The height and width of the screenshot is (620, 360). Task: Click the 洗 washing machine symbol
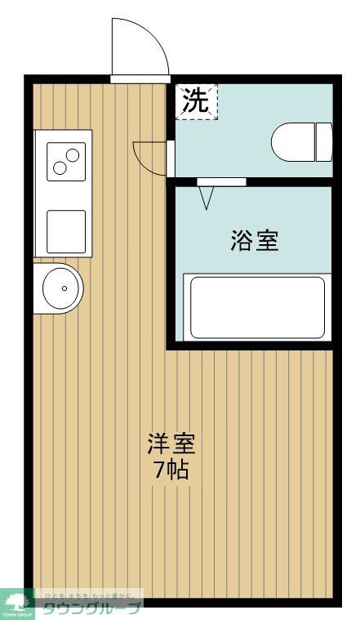[x=196, y=100]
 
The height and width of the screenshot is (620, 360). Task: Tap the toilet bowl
[x=293, y=142]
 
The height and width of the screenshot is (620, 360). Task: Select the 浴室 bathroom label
[x=254, y=241]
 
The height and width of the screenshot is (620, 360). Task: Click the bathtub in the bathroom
[x=256, y=306]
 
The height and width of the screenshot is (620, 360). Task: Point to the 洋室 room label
[x=171, y=445]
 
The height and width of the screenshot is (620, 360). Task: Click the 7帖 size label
[x=171, y=470]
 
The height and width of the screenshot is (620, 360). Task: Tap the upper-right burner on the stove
[x=73, y=154]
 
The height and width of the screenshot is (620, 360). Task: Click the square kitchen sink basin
[x=65, y=230]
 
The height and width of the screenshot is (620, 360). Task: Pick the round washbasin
[x=62, y=288]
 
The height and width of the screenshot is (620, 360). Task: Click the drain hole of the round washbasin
[x=63, y=288]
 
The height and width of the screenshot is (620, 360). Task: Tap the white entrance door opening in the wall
[x=140, y=79]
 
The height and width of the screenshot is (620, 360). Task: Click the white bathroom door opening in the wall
[x=221, y=181]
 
